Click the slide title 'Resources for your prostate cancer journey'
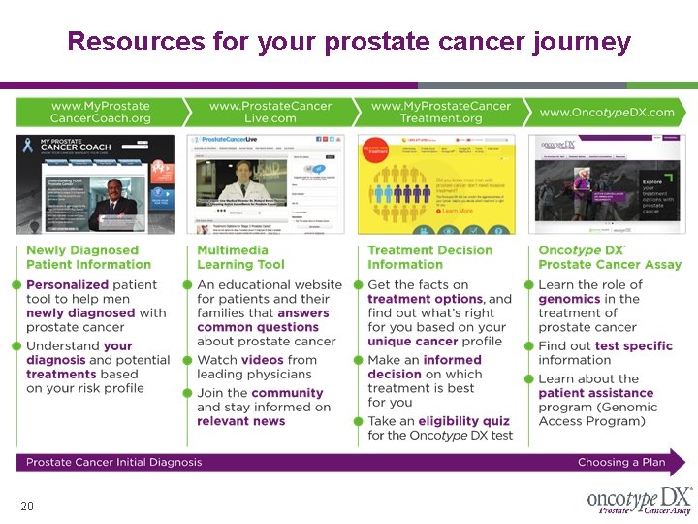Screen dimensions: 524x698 (349, 42)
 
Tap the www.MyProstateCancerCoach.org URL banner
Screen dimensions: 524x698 (100, 112)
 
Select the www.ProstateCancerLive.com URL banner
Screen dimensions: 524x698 (270, 112)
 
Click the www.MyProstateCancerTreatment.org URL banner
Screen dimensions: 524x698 (441, 112)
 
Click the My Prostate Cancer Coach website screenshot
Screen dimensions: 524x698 (95, 183)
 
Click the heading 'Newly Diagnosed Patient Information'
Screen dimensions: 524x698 (82, 256)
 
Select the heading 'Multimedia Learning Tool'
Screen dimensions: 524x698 (240, 256)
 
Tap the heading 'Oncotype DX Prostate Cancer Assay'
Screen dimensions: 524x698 (610, 256)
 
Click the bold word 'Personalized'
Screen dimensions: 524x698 (67, 285)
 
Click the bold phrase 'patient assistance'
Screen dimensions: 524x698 (595, 393)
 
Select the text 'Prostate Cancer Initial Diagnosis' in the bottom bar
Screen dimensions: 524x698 (114, 462)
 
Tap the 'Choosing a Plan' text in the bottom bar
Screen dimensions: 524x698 (621, 462)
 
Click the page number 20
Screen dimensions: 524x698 (27, 507)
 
